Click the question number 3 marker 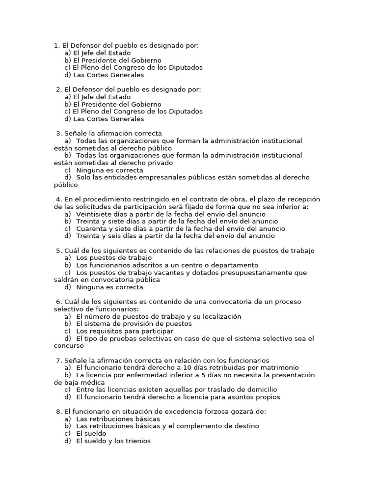point(58,133)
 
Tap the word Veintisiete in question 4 point(94,214)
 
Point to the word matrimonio point(279,367)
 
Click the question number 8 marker point(58,411)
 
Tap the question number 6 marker point(58,302)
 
